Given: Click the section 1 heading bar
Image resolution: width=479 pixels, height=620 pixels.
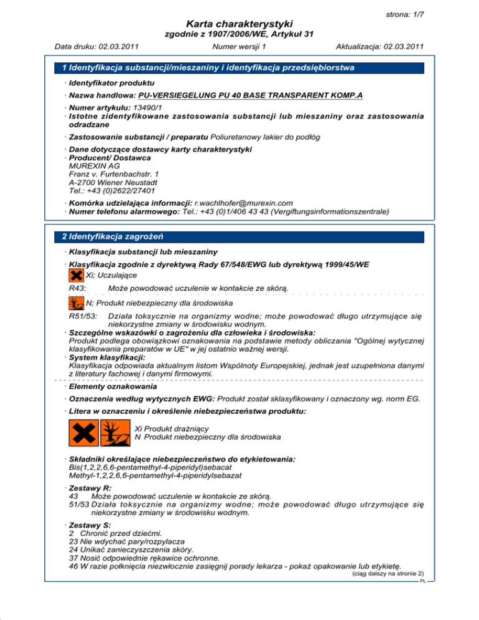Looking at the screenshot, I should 239,67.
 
